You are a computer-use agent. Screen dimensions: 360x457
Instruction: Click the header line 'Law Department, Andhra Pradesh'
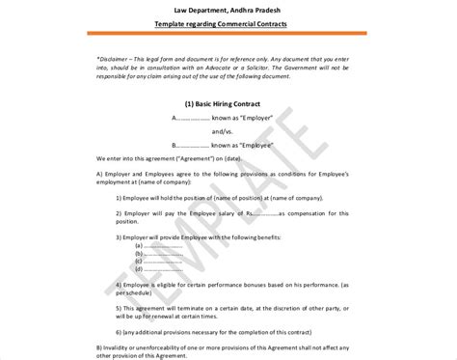[228, 9]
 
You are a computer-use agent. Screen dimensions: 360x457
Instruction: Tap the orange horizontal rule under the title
[228, 35]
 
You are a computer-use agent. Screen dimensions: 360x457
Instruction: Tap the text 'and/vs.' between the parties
[224, 130]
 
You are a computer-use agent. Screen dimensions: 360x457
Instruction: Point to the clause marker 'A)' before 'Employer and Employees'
[100, 172]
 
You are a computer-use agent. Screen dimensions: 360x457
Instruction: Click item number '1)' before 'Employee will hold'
[119, 196]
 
